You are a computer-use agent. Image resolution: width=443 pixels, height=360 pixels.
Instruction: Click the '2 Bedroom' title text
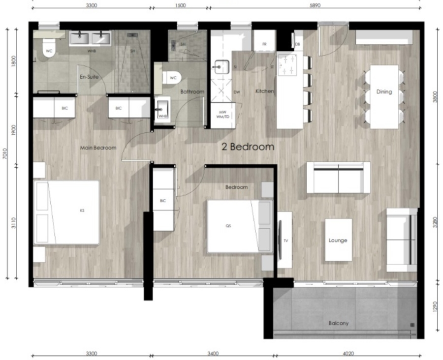click(247, 147)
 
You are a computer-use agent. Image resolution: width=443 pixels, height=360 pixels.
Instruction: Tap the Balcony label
click(338, 323)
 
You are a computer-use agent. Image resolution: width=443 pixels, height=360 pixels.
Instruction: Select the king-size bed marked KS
click(66, 212)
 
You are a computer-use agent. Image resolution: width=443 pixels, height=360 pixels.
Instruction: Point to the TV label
click(285, 240)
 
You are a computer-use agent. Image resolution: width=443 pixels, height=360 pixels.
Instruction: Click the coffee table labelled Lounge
click(338, 240)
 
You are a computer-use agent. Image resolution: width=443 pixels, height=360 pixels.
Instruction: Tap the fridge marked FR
click(264, 43)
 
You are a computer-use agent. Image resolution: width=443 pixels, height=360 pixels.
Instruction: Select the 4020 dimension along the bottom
click(348, 353)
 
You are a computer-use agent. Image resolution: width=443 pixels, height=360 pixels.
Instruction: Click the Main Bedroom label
click(98, 148)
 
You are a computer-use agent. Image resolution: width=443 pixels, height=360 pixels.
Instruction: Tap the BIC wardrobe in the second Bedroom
click(163, 200)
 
